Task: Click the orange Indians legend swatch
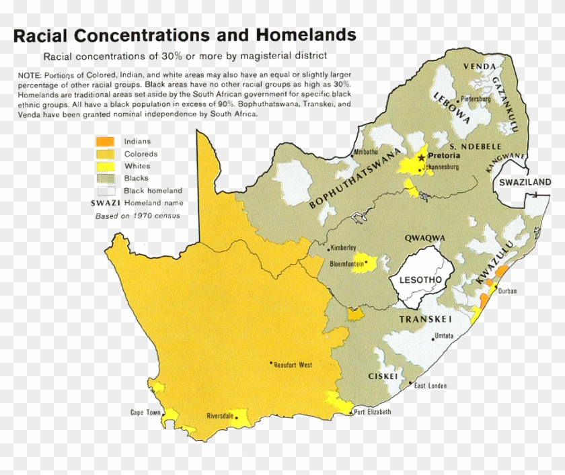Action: point(104,142)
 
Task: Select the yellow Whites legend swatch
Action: point(104,166)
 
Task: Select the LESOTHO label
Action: point(420,279)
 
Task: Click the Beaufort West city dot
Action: point(272,363)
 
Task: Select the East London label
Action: point(430,386)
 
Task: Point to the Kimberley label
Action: point(343,248)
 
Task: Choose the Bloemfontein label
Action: point(346,264)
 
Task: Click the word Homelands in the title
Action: point(305,34)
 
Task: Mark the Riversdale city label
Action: point(219,416)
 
